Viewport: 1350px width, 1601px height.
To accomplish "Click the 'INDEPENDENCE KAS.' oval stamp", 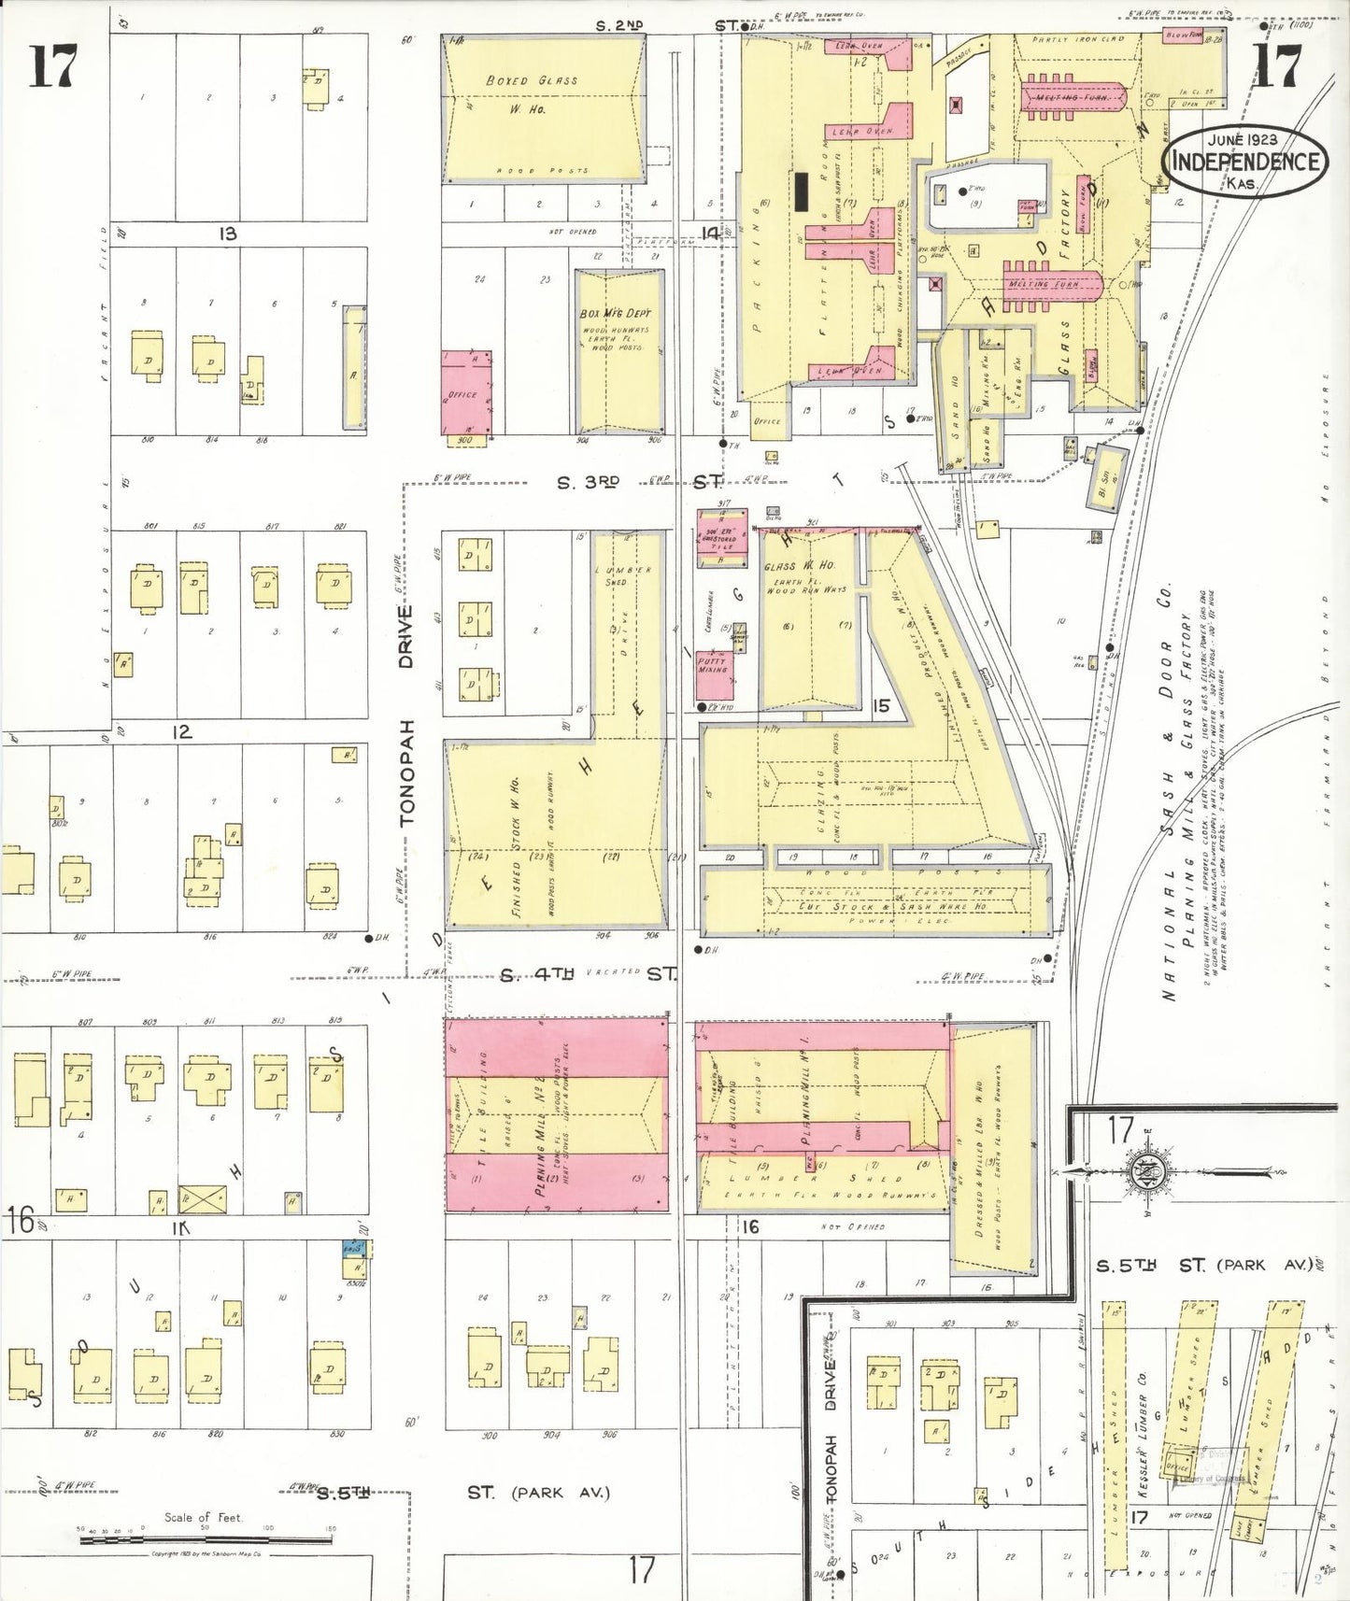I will (1244, 161).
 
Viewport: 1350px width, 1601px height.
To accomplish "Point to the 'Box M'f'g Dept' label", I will (615, 314).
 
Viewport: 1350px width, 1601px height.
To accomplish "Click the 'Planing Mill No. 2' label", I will (540, 1134).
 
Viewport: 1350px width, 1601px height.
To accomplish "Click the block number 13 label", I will (227, 234).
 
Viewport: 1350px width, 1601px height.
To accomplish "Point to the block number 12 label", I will (182, 732).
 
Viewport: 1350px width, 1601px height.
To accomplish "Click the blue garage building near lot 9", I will (354, 1249).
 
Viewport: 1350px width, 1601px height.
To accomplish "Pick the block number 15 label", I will (880, 706).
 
